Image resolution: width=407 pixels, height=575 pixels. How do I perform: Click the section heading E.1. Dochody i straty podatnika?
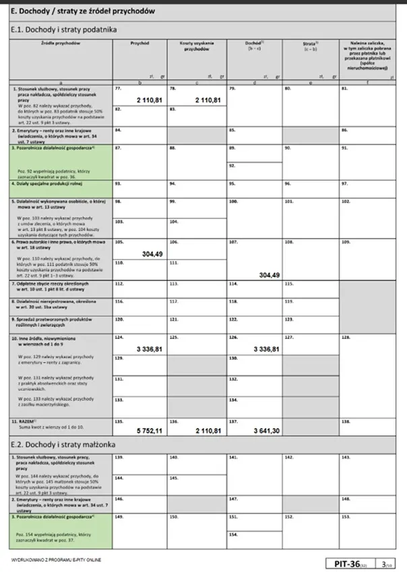pyautogui.click(x=65, y=30)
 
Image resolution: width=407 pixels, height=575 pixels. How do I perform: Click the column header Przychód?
pyautogui.click(x=139, y=42)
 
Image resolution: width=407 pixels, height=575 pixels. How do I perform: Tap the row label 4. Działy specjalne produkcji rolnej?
pyautogui.click(x=53, y=183)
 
